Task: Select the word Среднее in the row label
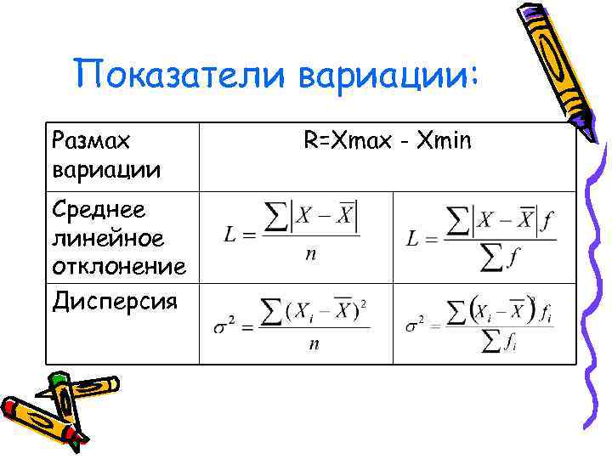tap(99, 208)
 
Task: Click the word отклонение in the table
tap(119, 267)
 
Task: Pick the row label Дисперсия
tap(115, 299)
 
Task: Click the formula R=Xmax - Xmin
tap(387, 140)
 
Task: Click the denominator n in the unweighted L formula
tap(311, 252)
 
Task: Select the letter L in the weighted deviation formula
tap(412, 239)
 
